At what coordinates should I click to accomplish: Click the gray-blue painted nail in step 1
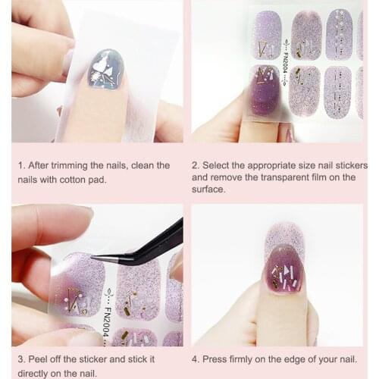[106, 69]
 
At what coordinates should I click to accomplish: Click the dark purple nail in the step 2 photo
[265, 89]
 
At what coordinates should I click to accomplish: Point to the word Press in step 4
[217, 359]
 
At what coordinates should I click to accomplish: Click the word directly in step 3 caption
[34, 373]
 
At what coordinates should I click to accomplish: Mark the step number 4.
[196, 359]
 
